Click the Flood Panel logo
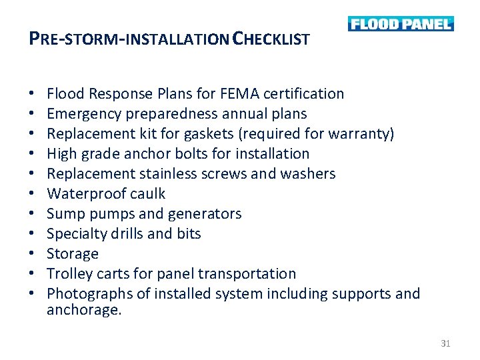[400, 24]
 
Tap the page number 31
[446, 343]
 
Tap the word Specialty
[74, 234]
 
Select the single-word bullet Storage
[73, 254]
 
